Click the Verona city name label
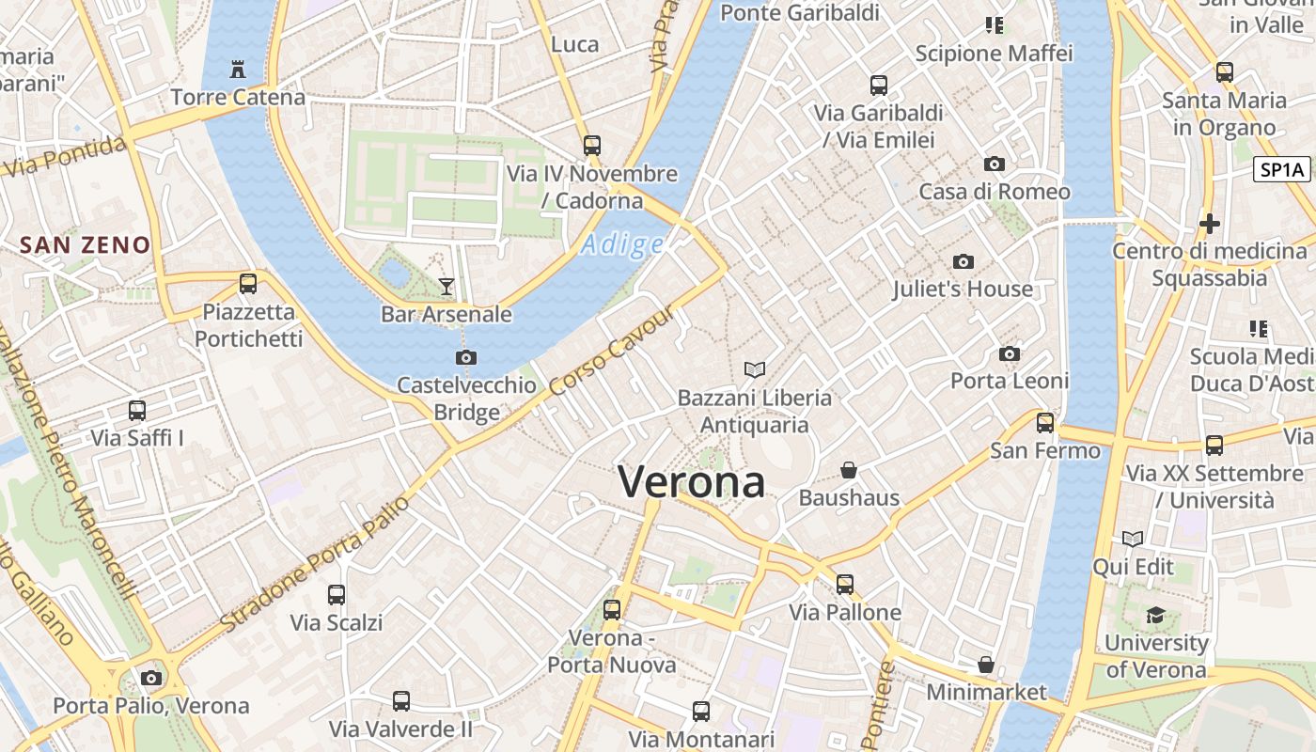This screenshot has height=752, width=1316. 691,482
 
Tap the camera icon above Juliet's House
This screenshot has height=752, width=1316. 963,262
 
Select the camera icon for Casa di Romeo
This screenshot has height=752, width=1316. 994,164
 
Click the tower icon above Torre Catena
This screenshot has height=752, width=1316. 238,70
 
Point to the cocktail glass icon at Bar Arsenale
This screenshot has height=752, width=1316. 446,286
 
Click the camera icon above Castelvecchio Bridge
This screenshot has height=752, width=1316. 465,357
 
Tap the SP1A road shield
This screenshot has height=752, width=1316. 1282,170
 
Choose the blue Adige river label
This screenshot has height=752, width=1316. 622,245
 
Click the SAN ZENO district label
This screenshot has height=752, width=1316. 85,245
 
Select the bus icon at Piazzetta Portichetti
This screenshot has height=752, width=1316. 248,283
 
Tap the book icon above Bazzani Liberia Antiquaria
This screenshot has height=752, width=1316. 754,369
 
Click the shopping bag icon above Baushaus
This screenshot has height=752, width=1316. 849,469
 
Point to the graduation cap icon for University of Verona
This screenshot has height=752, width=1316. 1155,616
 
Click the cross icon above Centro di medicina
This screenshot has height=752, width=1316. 1210,224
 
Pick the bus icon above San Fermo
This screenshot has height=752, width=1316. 1045,423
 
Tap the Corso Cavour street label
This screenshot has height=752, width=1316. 612,352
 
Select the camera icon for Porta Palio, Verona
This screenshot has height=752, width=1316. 150,678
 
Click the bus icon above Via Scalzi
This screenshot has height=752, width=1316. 337,594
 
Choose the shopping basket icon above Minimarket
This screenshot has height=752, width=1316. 985,665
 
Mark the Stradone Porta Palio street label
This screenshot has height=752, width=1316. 315,564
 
